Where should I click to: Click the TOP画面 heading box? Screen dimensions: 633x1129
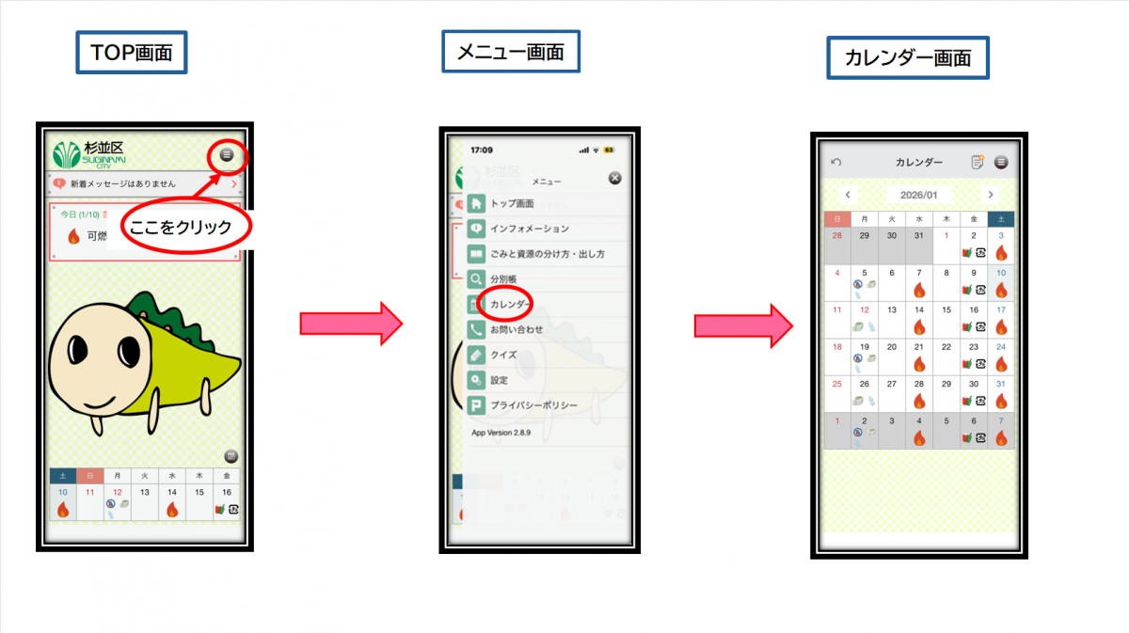click(132, 53)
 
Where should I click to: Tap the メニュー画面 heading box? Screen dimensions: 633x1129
click(510, 52)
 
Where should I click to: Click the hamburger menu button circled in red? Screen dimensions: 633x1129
click(227, 155)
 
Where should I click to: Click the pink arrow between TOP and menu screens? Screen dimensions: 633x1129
click(350, 324)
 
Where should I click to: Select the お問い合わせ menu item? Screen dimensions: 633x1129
click(517, 330)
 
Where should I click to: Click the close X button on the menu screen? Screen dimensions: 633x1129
click(615, 178)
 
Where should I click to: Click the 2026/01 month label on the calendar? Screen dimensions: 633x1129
click(918, 195)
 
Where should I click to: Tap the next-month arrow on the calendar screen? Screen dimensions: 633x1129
click(990, 195)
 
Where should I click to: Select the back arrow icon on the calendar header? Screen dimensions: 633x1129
click(836, 163)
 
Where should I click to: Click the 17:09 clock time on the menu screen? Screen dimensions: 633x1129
click(482, 150)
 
